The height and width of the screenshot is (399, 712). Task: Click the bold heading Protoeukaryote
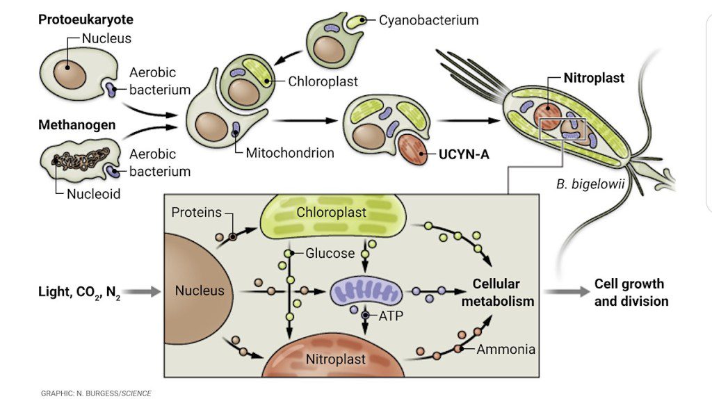click(86, 19)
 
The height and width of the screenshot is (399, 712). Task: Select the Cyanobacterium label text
click(428, 20)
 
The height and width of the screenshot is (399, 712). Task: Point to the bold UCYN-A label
click(464, 154)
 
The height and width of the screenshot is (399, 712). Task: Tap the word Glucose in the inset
click(330, 253)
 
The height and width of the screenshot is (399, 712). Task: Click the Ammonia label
click(505, 349)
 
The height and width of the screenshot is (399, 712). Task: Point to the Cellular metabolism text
click(503, 292)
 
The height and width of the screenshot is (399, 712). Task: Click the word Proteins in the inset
click(196, 212)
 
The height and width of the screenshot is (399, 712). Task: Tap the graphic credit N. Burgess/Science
click(96, 393)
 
